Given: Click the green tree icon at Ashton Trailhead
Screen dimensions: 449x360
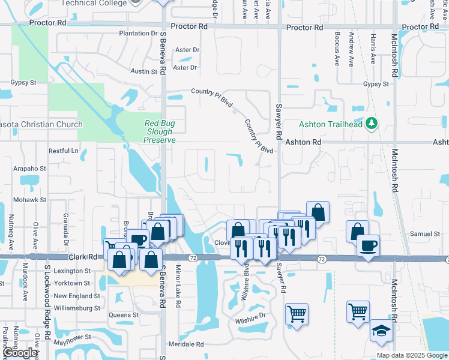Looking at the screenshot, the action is (x=372, y=124).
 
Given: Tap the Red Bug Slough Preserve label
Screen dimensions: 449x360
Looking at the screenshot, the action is (x=160, y=131).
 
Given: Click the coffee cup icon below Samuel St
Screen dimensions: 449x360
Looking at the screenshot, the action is (x=368, y=245).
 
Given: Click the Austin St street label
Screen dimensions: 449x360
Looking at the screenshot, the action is (x=143, y=71).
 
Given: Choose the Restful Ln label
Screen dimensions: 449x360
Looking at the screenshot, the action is (x=64, y=151).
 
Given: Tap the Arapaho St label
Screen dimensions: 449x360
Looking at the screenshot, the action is (x=30, y=169).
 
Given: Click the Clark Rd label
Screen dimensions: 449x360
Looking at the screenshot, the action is (x=83, y=256).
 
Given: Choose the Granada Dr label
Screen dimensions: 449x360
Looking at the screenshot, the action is (x=65, y=226).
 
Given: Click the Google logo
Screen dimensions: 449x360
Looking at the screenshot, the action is (x=20, y=353).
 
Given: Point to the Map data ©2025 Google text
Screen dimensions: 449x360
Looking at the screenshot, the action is (x=411, y=355).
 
